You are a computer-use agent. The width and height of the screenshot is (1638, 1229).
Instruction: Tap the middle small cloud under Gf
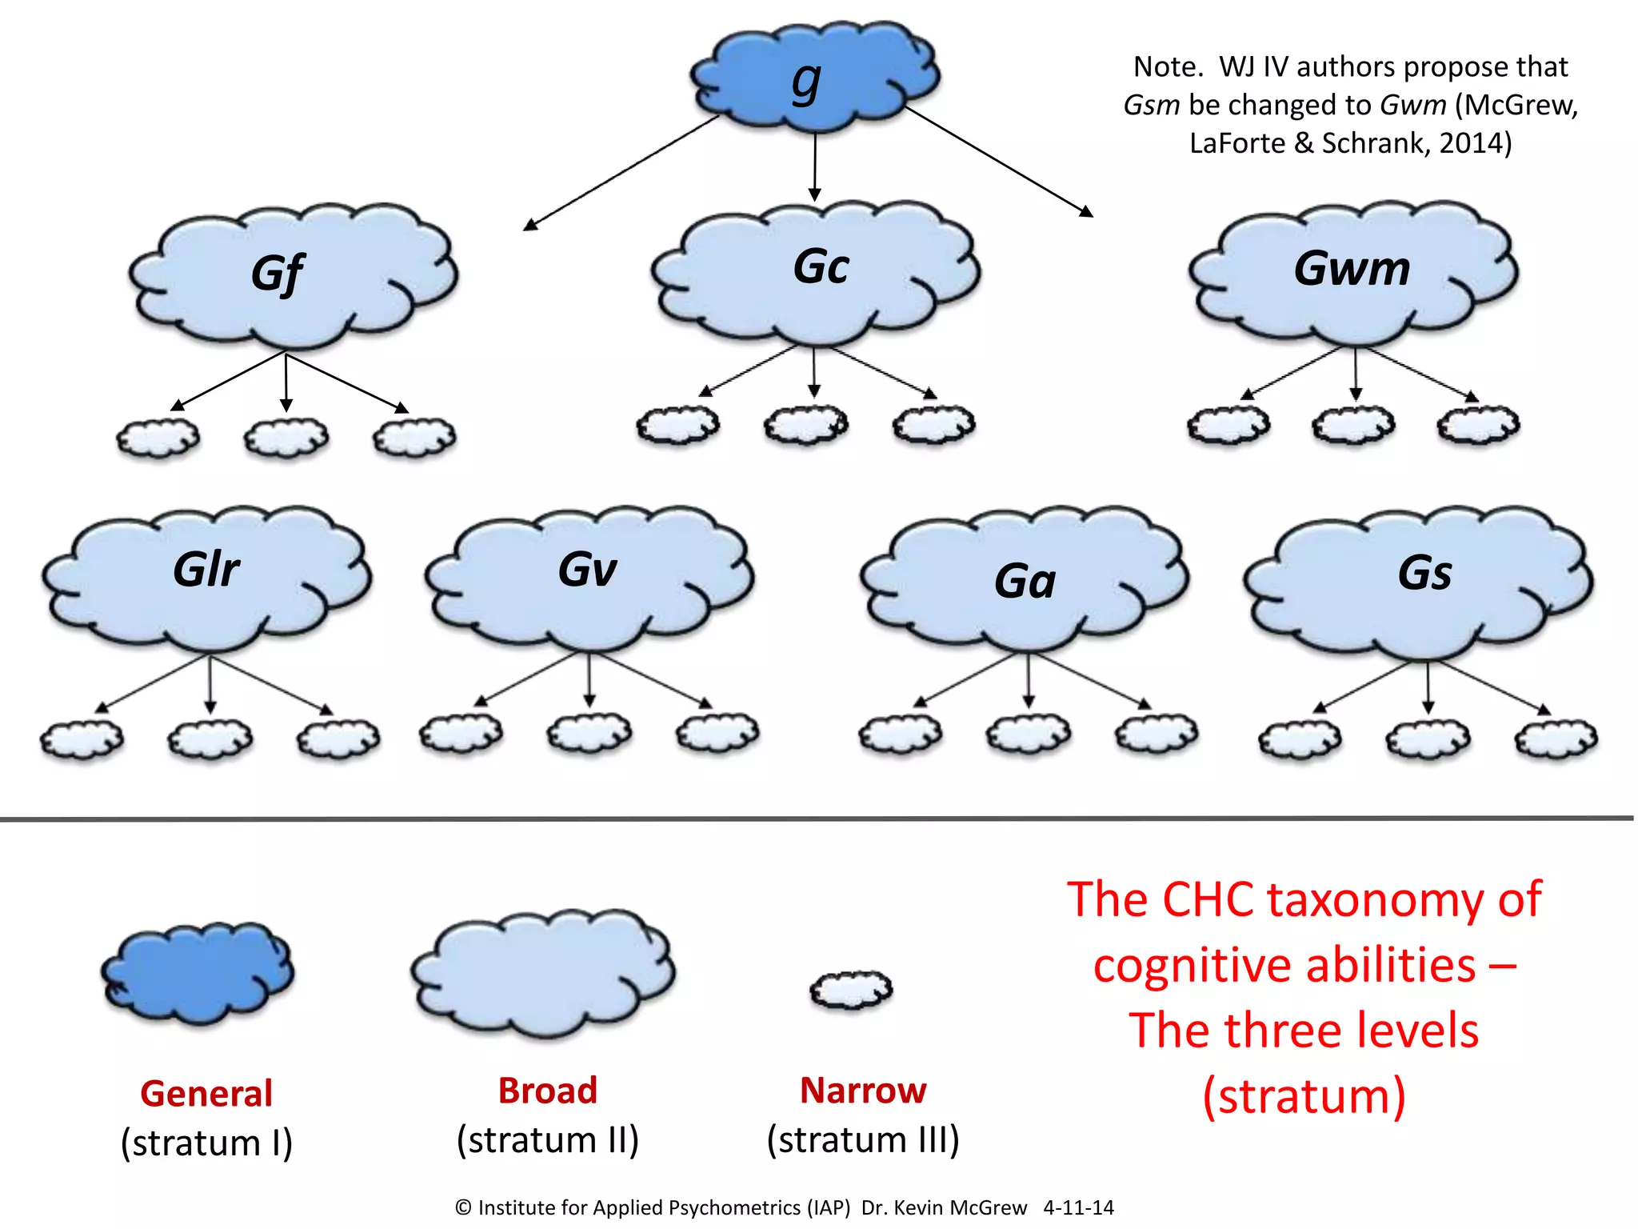tap(286, 438)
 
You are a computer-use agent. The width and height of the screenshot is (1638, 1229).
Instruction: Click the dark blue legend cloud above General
tap(198, 972)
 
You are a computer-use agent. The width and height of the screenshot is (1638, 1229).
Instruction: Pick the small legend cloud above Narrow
tap(850, 991)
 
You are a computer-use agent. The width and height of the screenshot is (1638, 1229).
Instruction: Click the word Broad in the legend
tap(548, 1091)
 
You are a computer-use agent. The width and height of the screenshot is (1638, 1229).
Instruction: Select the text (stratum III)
tap(863, 1139)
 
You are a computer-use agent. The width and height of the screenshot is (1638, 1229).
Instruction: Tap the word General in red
tap(206, 1093)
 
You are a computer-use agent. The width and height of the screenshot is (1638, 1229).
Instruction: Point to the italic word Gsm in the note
tap(1151, 105)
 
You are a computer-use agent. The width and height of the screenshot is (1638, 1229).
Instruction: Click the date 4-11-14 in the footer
tap(1078, 1207)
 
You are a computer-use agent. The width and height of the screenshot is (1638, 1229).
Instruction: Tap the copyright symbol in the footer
tap(463, 1207)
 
